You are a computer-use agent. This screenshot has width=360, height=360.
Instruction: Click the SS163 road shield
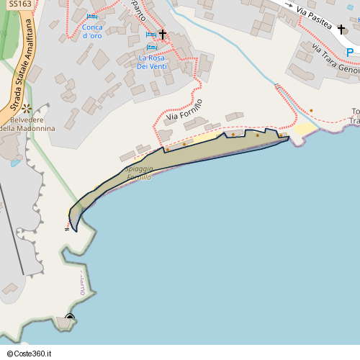(x=21, y=4)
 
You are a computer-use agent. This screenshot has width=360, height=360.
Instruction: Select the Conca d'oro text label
(x=92, y=31)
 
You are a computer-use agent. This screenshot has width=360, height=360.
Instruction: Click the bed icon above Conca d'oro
(x=92, y=17)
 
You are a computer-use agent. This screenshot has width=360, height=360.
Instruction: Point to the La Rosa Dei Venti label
(x=152, y=61)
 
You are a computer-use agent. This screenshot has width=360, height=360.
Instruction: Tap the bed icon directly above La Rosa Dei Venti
(x=151, y=48)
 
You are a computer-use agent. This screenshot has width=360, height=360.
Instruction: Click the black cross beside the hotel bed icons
(x=163, y=34)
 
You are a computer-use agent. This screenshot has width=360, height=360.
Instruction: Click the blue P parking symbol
(x=349, y=52)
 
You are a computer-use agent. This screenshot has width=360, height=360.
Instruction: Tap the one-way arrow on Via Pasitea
(x=289, y=6)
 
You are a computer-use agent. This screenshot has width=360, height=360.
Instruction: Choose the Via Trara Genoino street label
(x=335, y=58)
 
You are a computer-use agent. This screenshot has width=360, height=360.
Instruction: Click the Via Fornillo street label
(x=184, y=109)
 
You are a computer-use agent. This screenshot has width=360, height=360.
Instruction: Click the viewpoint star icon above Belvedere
(x=27, y=108)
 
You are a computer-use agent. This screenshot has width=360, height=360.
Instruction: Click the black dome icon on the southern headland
(x=70, y=317)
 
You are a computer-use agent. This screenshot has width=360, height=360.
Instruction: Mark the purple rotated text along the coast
(x=81, y=284)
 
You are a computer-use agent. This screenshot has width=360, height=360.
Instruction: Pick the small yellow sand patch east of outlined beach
(x=304, y=129)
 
